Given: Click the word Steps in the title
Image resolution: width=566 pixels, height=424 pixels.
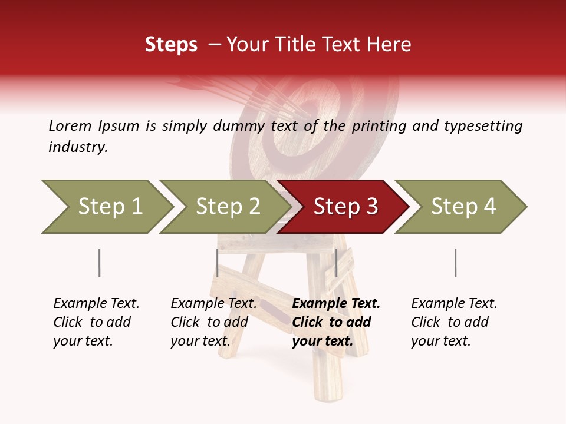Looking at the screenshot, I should [x=171, y=45].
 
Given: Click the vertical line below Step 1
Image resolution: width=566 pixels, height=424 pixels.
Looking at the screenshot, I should [x=100, y=263].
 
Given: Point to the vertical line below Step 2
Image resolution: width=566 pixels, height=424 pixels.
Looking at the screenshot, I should [x=218, y=263].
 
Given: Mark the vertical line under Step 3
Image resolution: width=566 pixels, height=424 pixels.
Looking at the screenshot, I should [x=336, y=263].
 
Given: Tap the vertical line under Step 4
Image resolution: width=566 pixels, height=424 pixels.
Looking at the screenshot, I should [x=455, y=263].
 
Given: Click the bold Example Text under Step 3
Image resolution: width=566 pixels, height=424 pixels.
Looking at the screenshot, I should [x=336, y=304].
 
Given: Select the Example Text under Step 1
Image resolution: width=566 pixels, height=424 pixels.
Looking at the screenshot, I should [x=96, y=304].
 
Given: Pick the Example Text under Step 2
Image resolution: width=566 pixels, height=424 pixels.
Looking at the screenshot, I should [x=213, y=304].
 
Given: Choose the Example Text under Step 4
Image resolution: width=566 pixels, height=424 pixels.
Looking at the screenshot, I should [x=454, y=304].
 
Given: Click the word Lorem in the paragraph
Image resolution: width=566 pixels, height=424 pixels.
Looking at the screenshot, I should [x=70, y=125].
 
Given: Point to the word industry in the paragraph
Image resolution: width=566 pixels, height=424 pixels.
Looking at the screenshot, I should [x=78, y=147].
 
